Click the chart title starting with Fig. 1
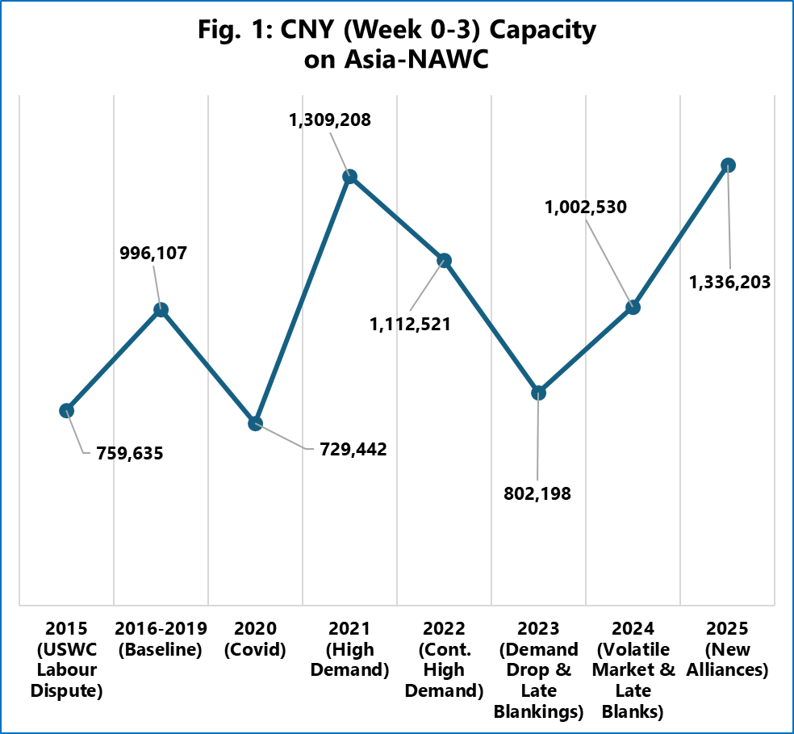coord(397,44)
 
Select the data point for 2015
coord(67,410)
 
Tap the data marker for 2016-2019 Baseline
coord(161,309)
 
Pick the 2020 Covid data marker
coord(256,423)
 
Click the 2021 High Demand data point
coord(350,177)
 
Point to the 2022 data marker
coord(444,260)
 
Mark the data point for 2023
coord(538,393)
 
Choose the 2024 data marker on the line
coord(633,307)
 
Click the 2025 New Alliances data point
coord(728,165)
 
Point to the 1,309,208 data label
coord(331,121)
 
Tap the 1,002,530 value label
coord(585,208)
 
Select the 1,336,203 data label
coord(729,283)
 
